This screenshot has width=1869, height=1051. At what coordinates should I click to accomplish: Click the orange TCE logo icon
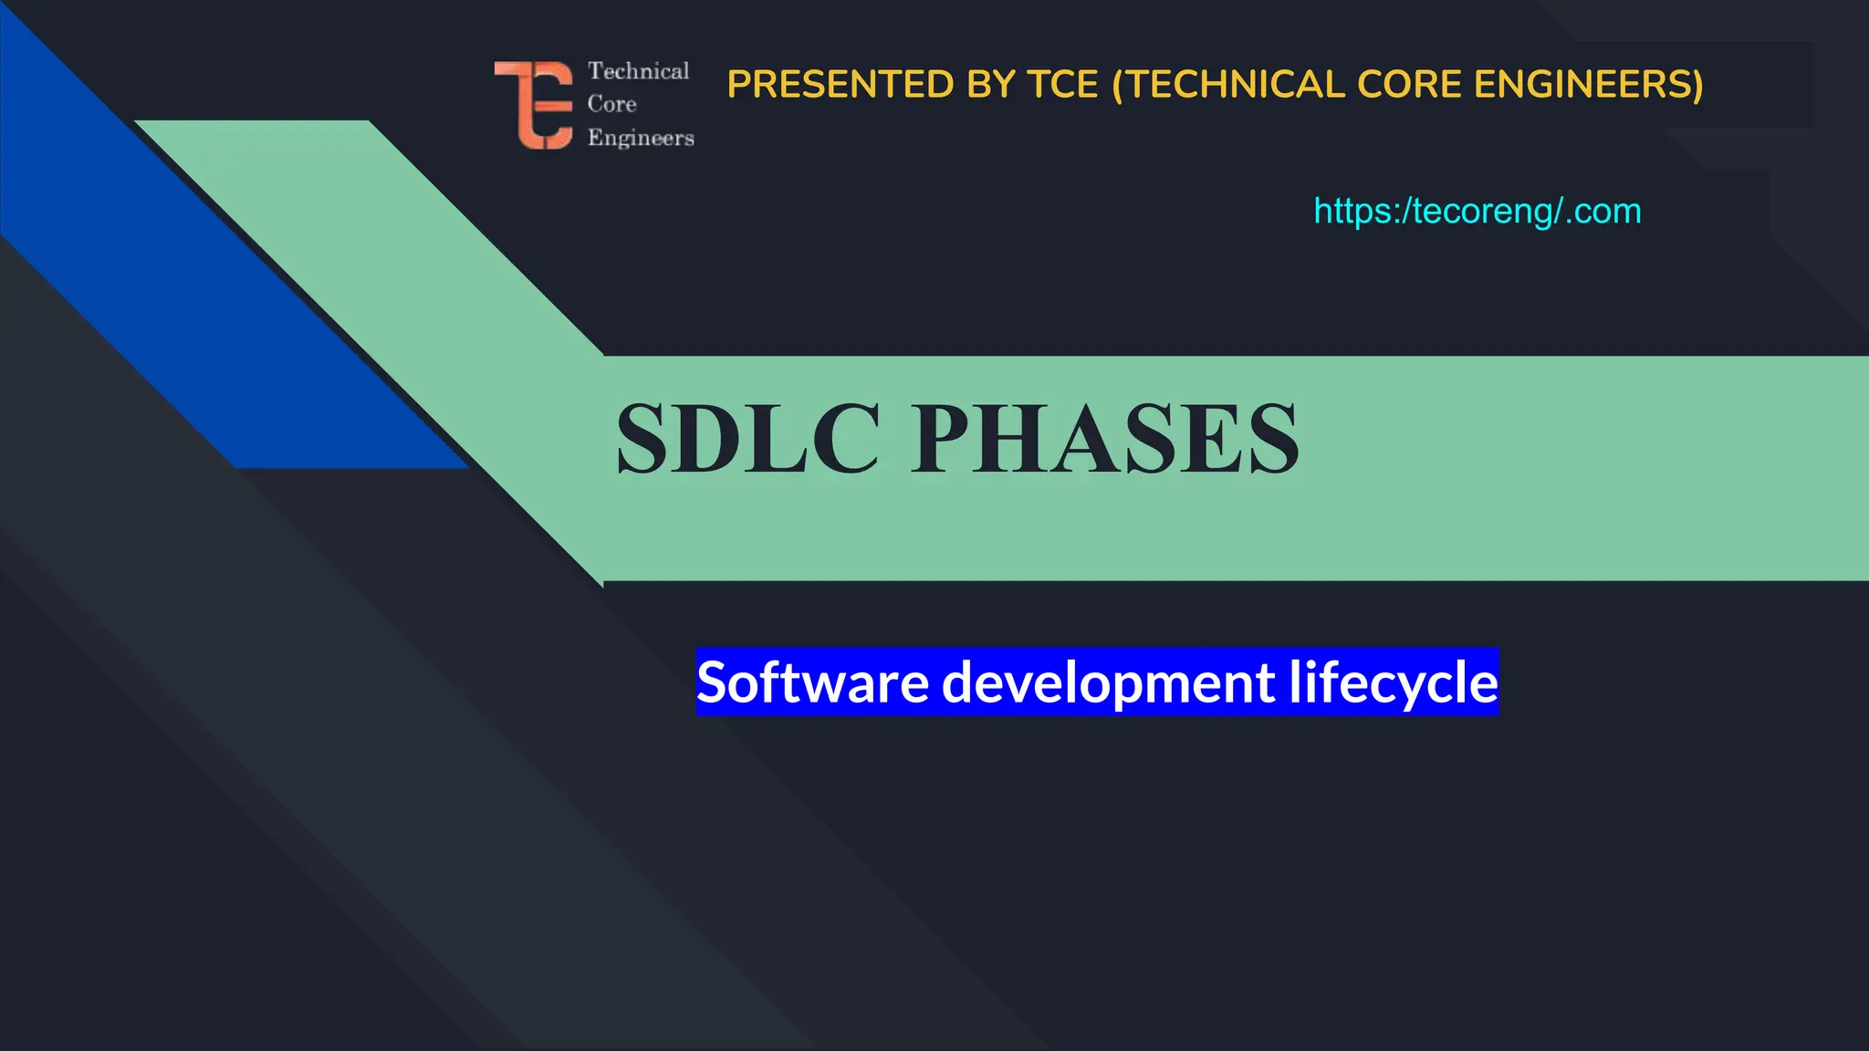(x=535, y=105)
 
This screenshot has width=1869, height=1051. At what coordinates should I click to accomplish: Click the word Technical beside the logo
(x=638, y=71)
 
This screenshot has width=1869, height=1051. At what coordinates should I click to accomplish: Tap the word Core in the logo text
(x=611, y=104)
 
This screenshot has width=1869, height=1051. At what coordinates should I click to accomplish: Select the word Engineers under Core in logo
(x=641, y=138)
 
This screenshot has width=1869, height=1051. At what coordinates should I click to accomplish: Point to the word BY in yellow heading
(x=990, y=85)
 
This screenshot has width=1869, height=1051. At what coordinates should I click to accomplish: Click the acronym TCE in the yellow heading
(x=1062, y=85)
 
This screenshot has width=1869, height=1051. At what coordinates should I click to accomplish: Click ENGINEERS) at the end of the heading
(x=1589, y=85)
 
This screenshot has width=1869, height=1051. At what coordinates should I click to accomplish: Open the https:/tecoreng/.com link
(x=1477, y=212)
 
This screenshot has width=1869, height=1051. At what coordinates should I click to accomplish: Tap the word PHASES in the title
(x=1104, y=440)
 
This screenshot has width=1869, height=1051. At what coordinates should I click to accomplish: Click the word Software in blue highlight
(x=812, y=682)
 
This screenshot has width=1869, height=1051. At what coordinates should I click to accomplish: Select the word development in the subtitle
(x=1107, y=682)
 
